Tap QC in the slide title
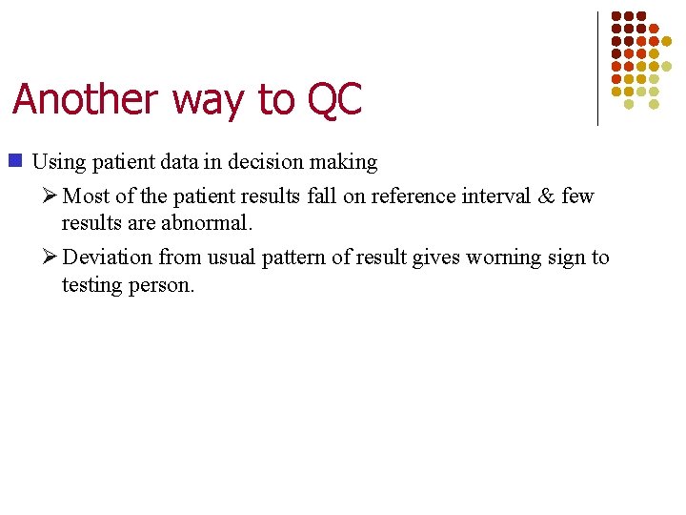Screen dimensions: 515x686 coord(335,100)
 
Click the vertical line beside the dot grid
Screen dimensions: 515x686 coord(597,67)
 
